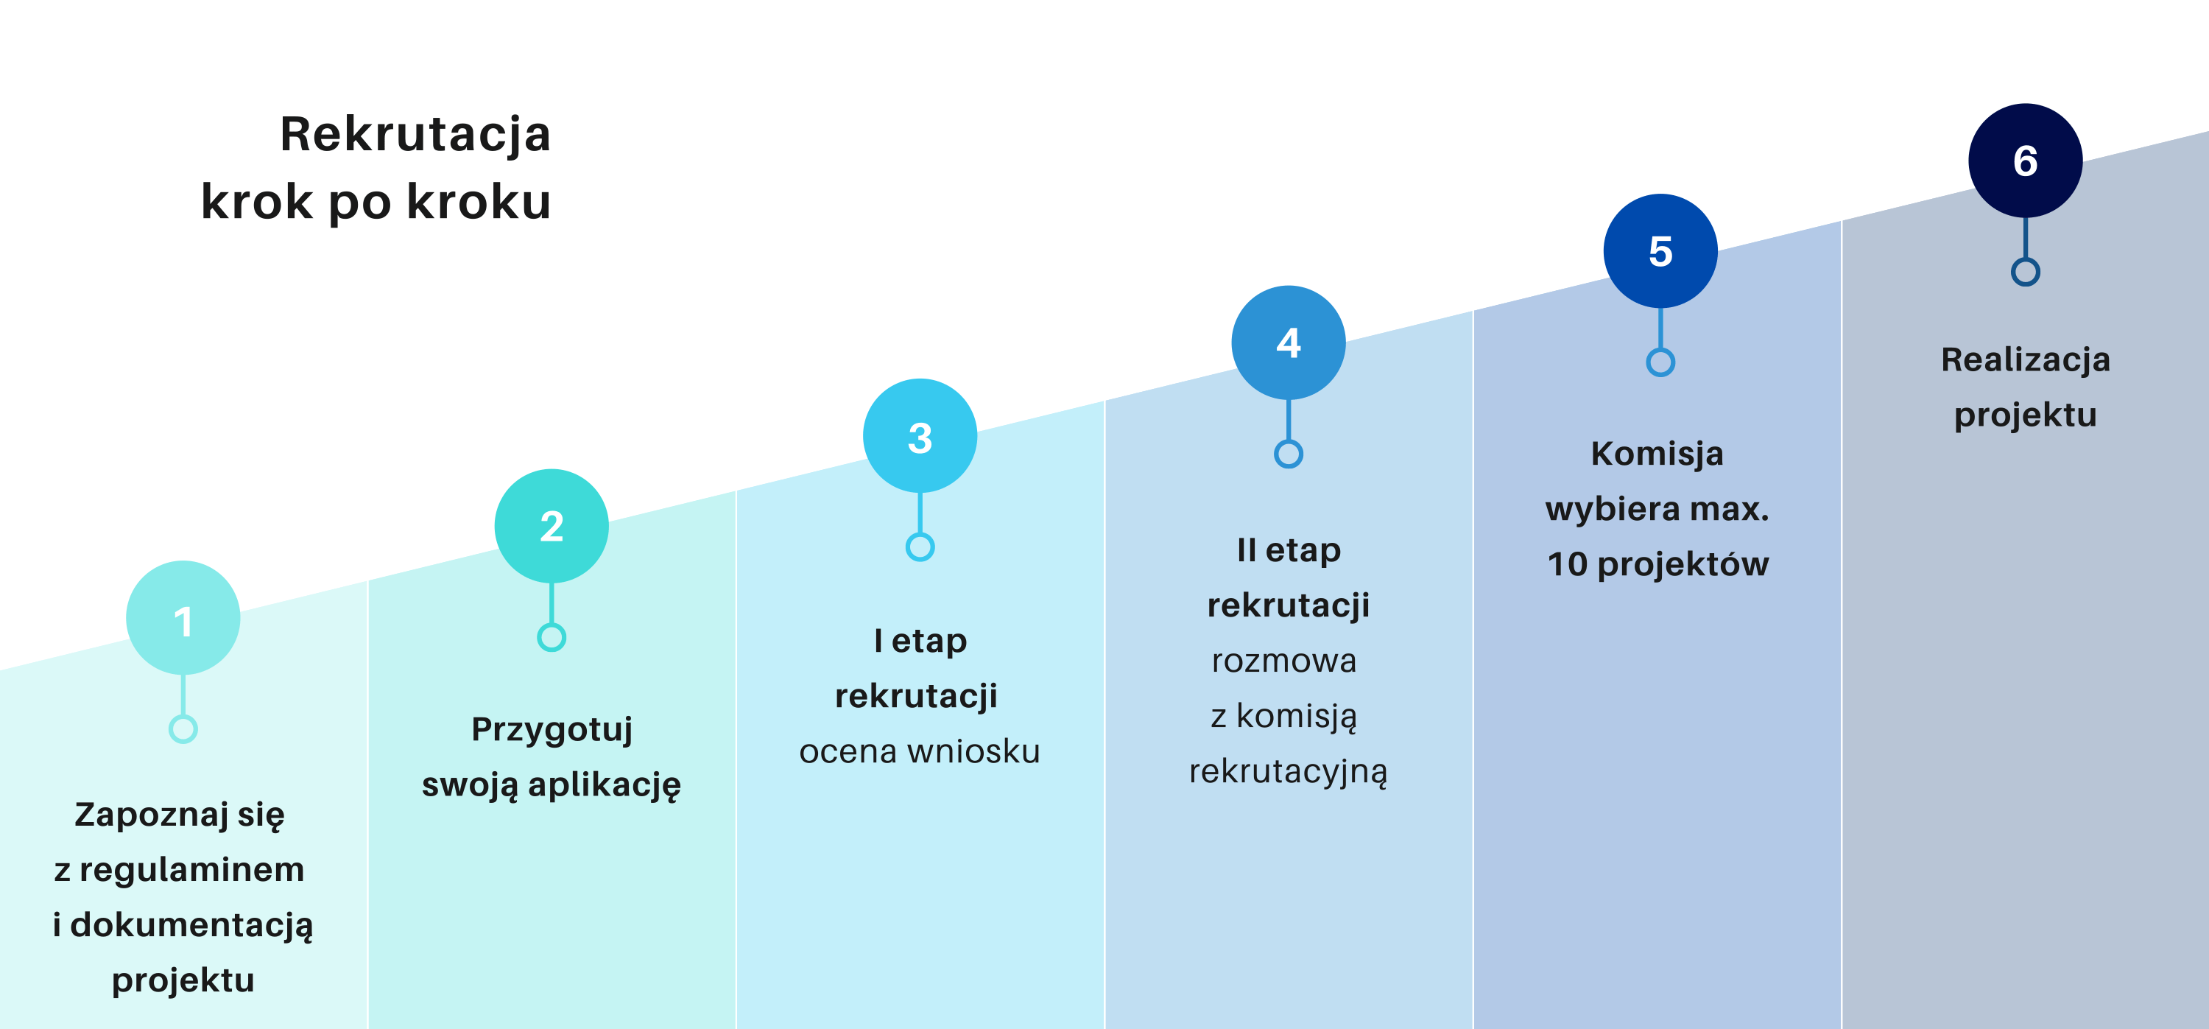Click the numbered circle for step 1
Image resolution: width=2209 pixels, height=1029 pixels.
point(183,617)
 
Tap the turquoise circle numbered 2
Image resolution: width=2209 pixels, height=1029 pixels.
point(552,526)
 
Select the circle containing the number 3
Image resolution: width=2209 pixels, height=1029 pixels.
point(920,435)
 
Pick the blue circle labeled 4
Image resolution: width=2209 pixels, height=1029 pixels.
point(1288,343)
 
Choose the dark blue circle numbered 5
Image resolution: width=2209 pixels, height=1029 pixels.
point(1660,250)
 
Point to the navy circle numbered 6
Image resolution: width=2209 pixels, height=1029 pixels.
point(2026,161)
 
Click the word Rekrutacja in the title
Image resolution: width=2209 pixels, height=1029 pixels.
point(415,135)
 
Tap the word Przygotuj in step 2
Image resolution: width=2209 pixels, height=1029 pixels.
point(552,731)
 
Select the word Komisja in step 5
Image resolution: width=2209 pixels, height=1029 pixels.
point(1657,454)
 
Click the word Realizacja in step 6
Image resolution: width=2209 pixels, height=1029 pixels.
point(2026,360)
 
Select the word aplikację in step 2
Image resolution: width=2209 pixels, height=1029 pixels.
point(605,785)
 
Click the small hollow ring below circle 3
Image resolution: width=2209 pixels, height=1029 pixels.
point(920,547)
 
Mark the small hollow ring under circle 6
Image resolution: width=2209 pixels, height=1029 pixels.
point(2026,273)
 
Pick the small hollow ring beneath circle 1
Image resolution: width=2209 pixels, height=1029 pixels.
point(183,729)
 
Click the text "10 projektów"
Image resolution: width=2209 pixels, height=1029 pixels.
point(1657,565)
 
